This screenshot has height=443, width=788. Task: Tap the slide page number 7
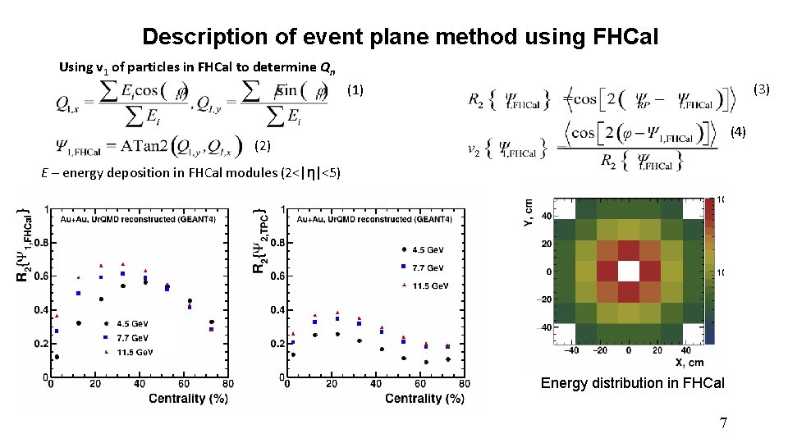[722, 422]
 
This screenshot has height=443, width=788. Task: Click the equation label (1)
[355, 89]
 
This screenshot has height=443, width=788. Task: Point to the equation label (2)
[263, 146]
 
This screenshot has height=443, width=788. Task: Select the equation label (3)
[761, 89]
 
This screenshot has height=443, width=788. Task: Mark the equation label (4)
[739, 131]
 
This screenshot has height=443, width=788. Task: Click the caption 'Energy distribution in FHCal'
[632, 383]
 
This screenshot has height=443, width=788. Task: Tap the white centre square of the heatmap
[629, 272]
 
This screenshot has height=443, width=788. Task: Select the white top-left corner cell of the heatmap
[565, 209]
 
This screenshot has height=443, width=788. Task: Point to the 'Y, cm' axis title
[529, 212]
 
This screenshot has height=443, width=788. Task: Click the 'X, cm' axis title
[689, 362]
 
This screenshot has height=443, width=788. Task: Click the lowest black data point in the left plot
[57, 357]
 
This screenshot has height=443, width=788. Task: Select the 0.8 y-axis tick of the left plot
[39, 242]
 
